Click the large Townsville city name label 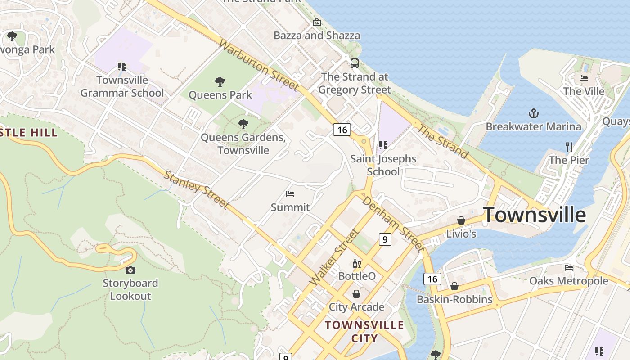[534, 215]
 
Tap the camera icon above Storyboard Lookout [130, 270]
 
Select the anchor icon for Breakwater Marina [533, 113]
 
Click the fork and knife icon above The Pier [569, 147]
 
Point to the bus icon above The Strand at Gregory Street [355, 63]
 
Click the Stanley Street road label [196, 189]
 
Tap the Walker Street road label [334, 257]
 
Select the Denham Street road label [393, 224]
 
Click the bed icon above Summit [290, 194]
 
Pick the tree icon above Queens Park [220, 82]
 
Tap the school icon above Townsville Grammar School [121, 67]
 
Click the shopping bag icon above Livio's [461, 220]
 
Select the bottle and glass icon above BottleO [356, 263]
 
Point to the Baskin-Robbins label [454, 299]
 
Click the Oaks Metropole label [569, 281]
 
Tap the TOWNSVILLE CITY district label [364, 331]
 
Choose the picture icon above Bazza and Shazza [317, 22]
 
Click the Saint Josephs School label [383, 165]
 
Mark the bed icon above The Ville [584, 78]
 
